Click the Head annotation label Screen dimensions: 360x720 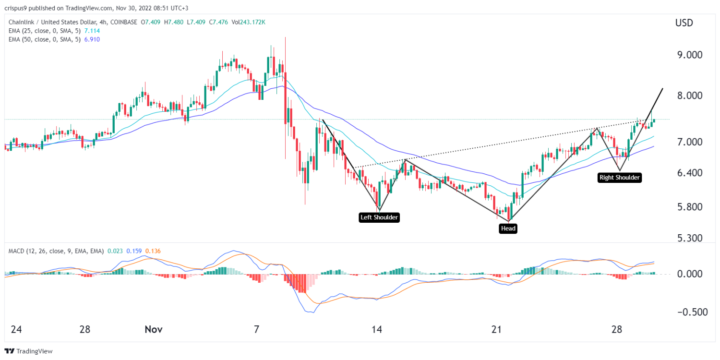[x=508, y=228]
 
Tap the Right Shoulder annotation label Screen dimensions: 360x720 [x=619, y=178]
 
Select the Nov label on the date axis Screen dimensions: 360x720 [x=154, y=330]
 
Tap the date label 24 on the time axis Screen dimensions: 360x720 [x=16, y=330]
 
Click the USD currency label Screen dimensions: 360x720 [x=684, y=23]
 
